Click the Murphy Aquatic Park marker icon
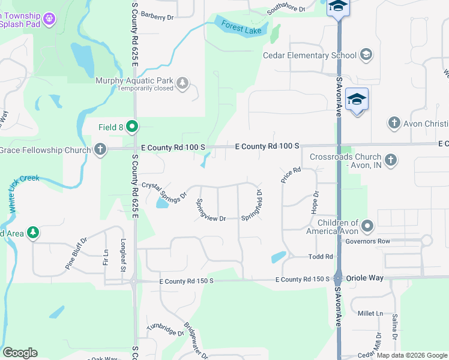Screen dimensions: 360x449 click(x=182, y=83)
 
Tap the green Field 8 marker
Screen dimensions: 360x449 click(x=133, y=127)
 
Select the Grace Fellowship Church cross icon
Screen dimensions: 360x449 click(x=100, y=149)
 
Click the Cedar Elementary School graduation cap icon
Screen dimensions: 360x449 click(x=365, y=55)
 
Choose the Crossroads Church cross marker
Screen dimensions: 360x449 click(x=391, y=160)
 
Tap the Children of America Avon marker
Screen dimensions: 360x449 click(x=367, y=226)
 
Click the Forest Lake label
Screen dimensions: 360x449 click(x=243, y=27)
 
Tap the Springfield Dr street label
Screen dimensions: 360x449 click(x=252, y=205)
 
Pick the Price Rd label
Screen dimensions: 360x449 click(x=290, y=175)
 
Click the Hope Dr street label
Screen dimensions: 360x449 click(x=315, y=203)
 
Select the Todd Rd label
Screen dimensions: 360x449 click(x=321, y=256)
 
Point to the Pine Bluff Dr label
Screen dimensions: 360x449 click(x=76, y=247)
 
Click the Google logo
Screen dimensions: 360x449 click(x=20, y=353)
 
